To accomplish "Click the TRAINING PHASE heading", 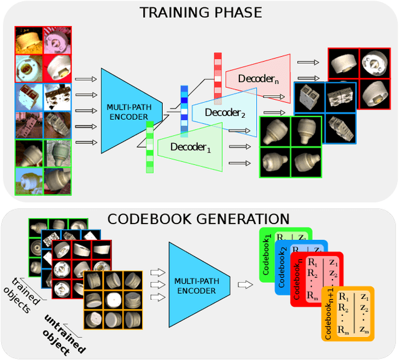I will click(x=200, y=12).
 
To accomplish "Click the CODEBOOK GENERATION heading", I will click(x=199, y=219).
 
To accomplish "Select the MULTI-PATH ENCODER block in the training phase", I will click(x=125, y=111).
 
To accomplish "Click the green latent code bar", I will click(x=150, y=146).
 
